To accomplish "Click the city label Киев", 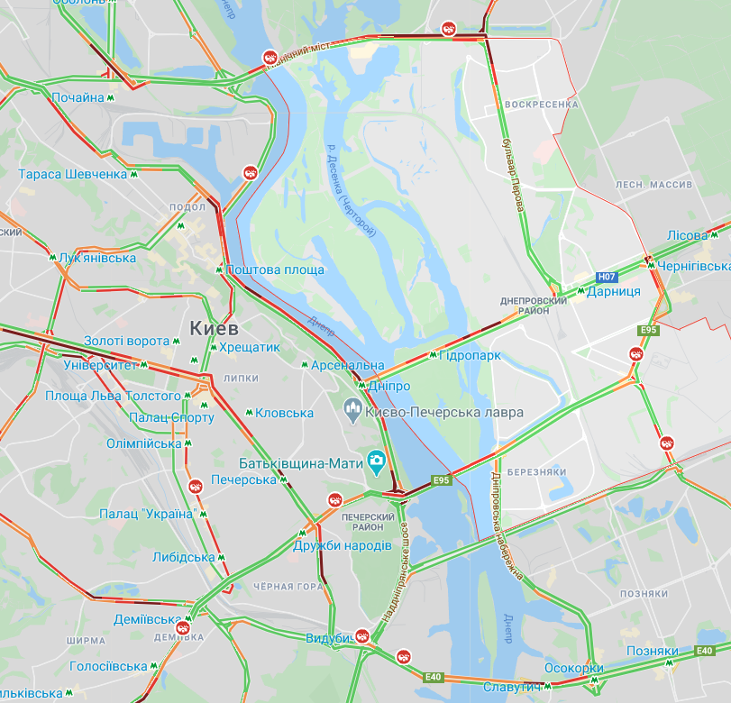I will pos(214,325).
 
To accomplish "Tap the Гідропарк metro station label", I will pos(470,356).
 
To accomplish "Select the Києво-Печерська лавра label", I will pos(443,413).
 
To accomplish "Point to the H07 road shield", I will pos(607,277).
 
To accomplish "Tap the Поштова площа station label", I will pos(275,269).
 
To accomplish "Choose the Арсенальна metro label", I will pos(347,366).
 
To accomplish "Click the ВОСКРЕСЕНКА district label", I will pos(541,105).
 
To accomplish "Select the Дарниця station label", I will pos(613,291).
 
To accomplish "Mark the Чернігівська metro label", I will pos(693,267).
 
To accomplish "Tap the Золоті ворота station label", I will pos(126,341).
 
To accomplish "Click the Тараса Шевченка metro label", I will pos(72,174).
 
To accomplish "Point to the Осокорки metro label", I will pos(574,668).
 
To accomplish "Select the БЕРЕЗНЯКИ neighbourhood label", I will pos(536,472).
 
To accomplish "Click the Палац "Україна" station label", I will pos(148,514).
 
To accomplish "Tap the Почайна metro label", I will pos(78,97).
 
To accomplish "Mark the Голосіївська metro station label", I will pos(108,667).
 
